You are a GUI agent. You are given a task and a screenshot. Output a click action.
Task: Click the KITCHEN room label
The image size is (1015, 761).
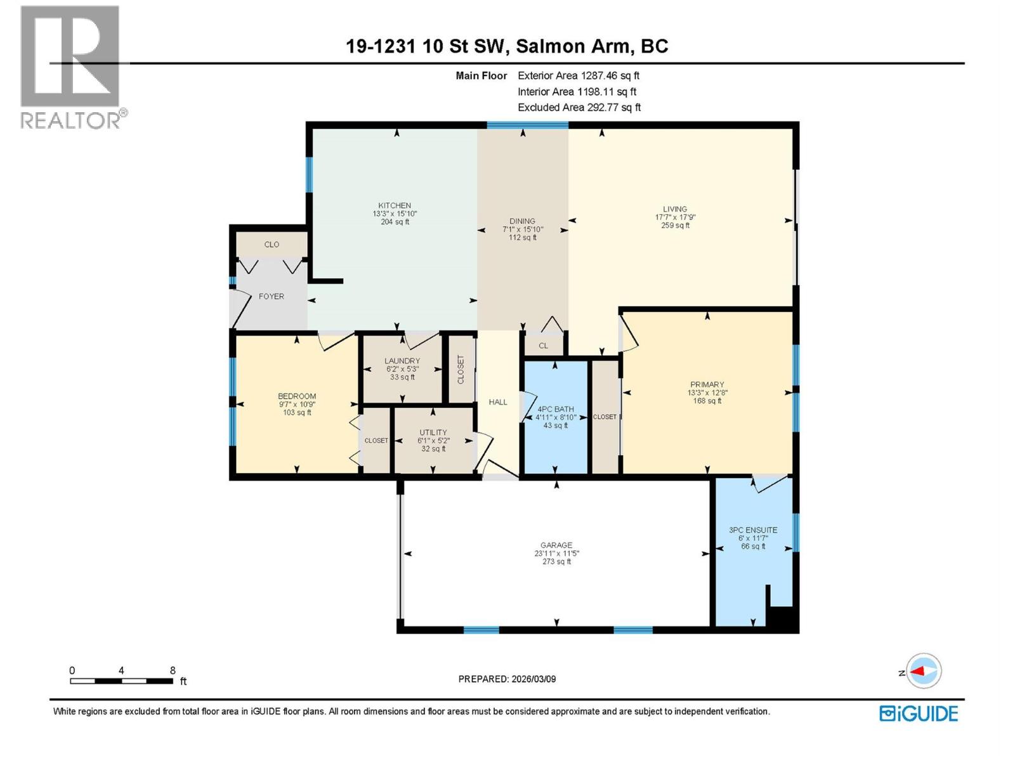coord(395,205)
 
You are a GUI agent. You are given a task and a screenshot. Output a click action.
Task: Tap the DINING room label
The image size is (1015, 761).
coord(522,221)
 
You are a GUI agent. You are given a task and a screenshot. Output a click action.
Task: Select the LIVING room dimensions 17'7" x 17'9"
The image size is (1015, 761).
coord(675,217)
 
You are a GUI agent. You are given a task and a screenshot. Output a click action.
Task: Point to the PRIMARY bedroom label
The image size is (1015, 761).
coord(707,384)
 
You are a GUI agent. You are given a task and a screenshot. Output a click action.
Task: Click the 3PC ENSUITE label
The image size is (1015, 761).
coord(753,530)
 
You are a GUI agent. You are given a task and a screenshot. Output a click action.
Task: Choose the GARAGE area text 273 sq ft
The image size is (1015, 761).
coord(556,562)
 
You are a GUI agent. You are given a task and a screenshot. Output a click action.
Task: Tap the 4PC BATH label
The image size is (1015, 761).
coord(556,410)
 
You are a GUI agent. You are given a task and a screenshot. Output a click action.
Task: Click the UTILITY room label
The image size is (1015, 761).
coord(433,433)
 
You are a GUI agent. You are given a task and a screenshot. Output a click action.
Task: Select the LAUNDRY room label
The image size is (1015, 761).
coord(402,361)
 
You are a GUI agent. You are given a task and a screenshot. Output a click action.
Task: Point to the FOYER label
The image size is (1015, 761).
coord(272,296)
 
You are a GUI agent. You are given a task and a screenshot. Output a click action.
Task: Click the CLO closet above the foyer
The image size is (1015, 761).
coord(272,245)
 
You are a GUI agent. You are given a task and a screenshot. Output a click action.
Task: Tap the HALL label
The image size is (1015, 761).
coord(498,402)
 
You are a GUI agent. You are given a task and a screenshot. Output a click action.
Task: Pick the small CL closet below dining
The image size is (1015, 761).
coord(543,346)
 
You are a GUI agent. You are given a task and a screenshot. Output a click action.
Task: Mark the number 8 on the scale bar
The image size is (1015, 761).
coord(173,670)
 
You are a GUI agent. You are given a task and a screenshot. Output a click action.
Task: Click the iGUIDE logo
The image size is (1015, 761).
coord(919,713)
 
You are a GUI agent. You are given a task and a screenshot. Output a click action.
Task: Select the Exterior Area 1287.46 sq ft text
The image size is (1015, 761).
coord(579,75)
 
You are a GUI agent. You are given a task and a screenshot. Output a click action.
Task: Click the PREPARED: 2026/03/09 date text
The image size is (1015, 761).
coord(507,679)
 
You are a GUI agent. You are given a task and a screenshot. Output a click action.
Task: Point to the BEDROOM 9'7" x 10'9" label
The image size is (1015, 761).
coord(297,404)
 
